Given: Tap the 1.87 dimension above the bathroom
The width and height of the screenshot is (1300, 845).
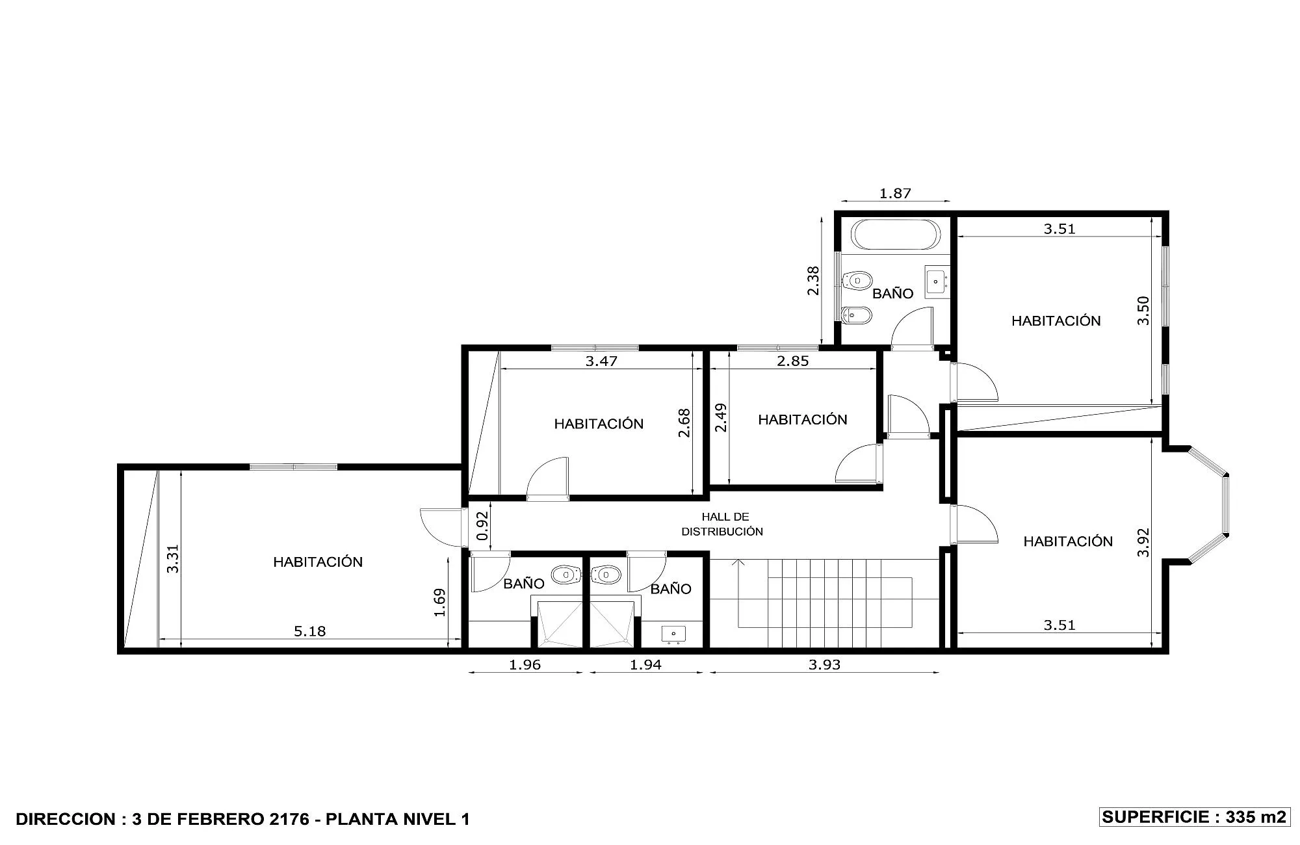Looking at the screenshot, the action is [x=895, y=193].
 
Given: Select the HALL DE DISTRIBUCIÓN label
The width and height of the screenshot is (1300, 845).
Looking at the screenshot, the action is [x=722, y=524].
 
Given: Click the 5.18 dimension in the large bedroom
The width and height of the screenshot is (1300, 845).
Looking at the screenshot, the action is [x=310, y=631].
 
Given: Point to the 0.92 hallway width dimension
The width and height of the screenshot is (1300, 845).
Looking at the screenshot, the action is [x=482, y=526].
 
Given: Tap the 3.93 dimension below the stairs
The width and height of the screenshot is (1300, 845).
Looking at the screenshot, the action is [x=824, y=664].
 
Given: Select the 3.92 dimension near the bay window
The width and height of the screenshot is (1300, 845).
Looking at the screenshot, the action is [x=1143, y=542].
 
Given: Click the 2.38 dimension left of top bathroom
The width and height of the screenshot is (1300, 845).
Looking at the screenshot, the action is [x=813, y=281].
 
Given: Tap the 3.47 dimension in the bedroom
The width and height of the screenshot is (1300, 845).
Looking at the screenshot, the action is [x=601, y=361].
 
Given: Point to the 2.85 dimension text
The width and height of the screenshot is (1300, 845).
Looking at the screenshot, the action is [x=793, y=361].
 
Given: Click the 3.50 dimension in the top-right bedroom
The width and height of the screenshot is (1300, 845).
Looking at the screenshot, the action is [x=1143, y=310].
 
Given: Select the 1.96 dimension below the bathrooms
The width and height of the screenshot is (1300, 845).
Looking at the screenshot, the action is [x=525, y=664].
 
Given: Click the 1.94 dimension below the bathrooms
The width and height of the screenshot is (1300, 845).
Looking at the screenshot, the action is [x=645, y=664].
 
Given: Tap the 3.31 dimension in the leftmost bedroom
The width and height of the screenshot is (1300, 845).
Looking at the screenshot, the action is [x=172, y=559].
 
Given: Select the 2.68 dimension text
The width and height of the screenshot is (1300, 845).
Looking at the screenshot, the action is [x=684, y=422].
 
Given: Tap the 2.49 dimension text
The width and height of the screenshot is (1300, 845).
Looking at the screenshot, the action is [x=721, y=418].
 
